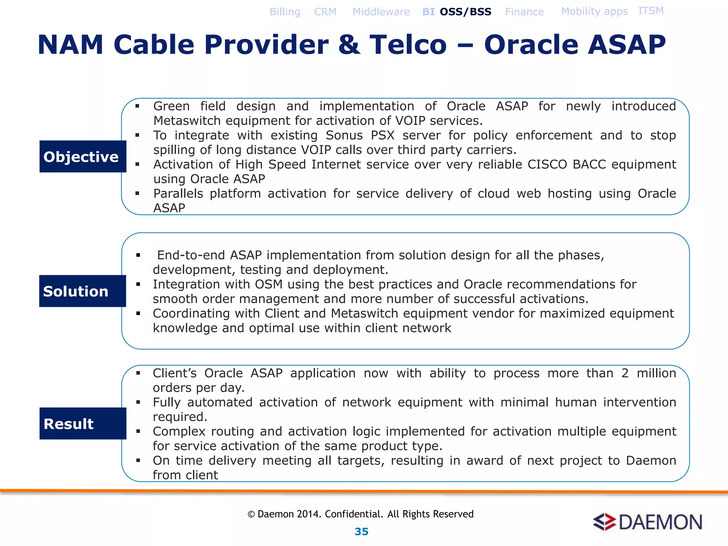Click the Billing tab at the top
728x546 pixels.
285,12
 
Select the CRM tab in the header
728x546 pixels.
325,12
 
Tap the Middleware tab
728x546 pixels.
381,12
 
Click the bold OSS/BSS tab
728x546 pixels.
465,12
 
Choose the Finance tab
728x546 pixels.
524,12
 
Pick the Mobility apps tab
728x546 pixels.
594,11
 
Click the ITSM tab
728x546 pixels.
651,11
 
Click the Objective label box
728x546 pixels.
82,156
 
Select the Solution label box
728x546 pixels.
82,291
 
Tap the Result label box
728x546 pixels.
82,423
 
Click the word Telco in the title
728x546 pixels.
408,45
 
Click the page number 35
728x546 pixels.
362,531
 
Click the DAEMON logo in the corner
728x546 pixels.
647,522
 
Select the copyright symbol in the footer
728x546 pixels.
251,514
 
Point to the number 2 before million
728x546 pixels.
625,373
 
